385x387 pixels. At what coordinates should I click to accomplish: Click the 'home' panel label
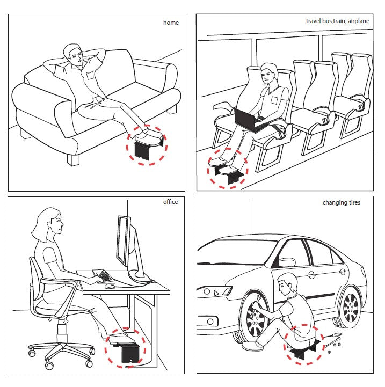(171, 23)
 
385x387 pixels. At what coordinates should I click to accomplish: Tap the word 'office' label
(170, 202)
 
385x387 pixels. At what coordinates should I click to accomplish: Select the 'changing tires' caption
(341, 202)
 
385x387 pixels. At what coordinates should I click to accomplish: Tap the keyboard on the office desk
(104, 276)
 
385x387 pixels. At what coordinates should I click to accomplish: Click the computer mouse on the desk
(109, 286)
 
